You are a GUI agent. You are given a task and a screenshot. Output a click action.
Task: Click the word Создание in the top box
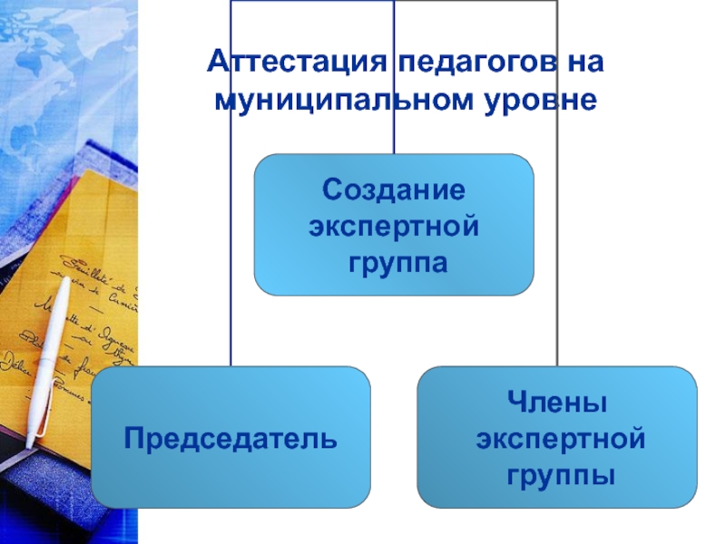point(394,191)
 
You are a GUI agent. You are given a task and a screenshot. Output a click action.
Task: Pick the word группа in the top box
point(394,264)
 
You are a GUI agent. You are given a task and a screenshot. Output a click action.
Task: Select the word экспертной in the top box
point(394,228)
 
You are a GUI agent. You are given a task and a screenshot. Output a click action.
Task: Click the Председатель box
point(231,438)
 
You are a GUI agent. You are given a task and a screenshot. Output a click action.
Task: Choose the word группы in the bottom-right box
point(557,474)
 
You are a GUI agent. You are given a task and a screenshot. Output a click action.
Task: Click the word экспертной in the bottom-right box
point(557,438)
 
